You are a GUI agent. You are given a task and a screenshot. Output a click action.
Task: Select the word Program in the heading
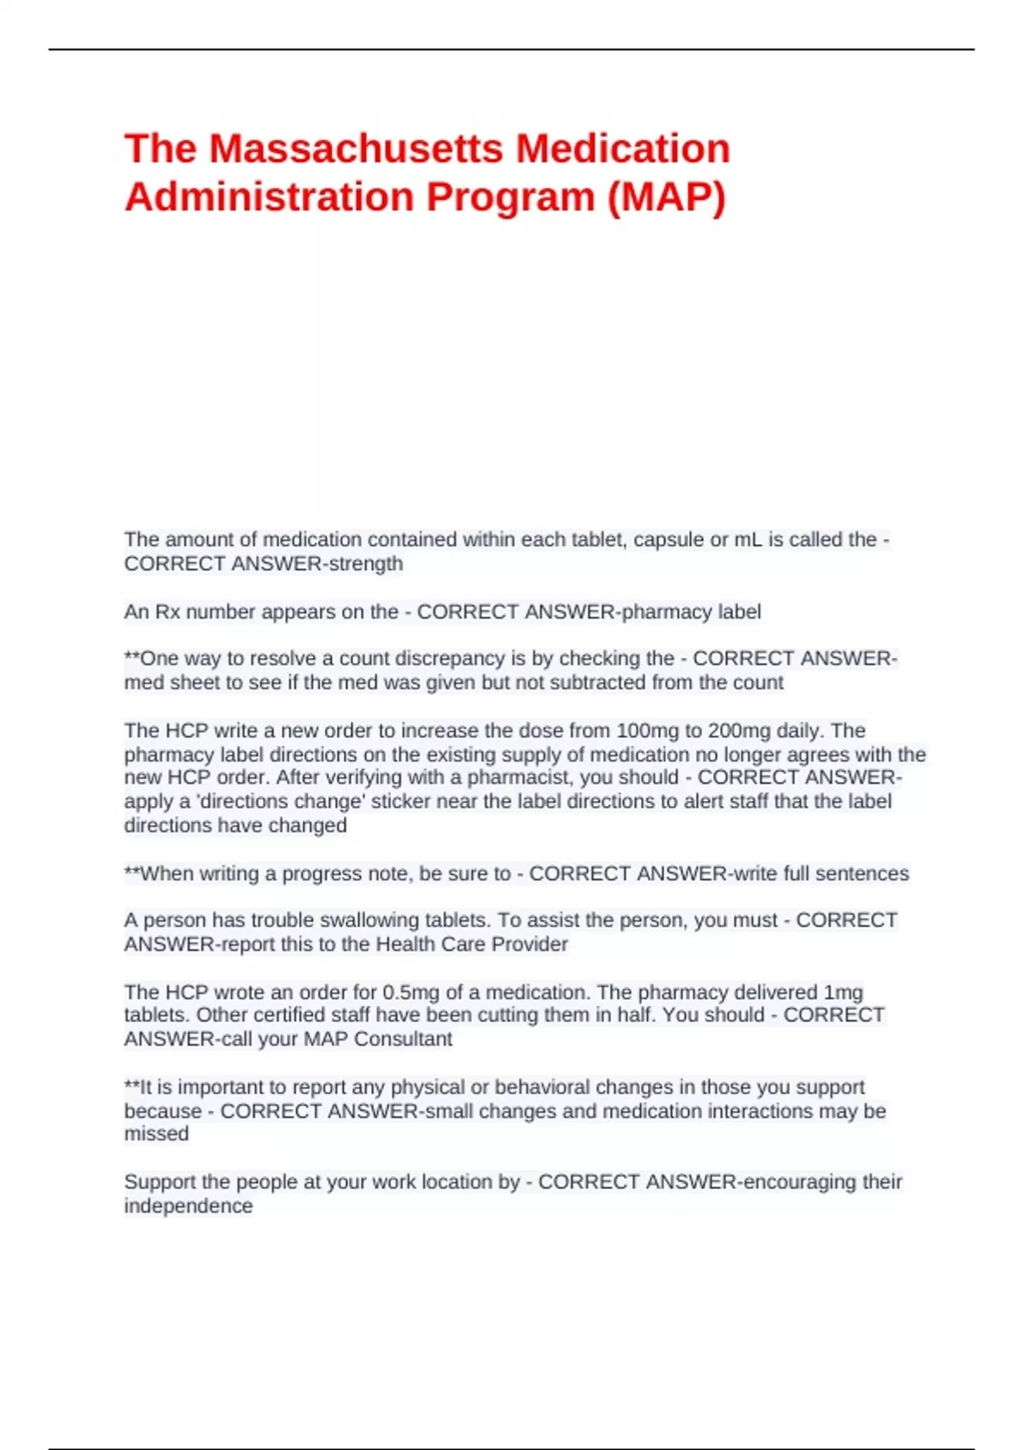tap(510, 197)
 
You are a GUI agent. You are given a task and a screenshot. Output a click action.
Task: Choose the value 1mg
tap(843, 993)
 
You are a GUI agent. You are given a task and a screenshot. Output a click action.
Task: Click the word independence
tap(189, 1206)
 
